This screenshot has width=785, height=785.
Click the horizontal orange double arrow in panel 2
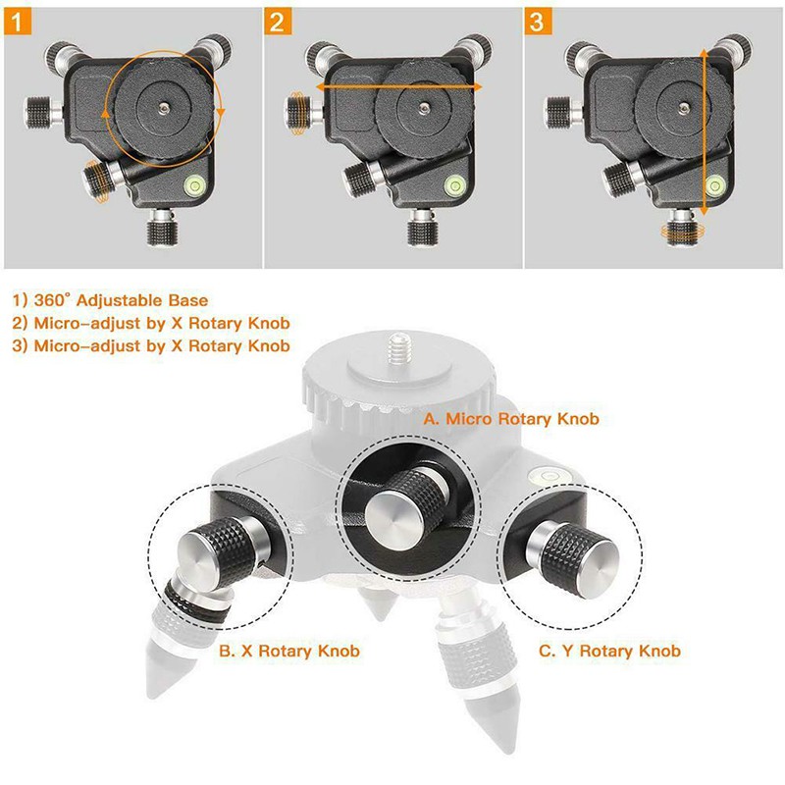pyautogui.click(x=392, y=87)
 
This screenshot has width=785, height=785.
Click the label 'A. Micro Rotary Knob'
pyautogui.click(x=510, y=418)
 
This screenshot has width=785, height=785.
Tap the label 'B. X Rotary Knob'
pyautogui.click(x=289, y=651)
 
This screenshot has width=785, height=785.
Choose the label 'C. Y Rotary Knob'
pyautogui.click(x=609, y=651)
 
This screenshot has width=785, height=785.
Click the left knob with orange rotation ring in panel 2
pyautogui.click(x=295, y=105)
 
